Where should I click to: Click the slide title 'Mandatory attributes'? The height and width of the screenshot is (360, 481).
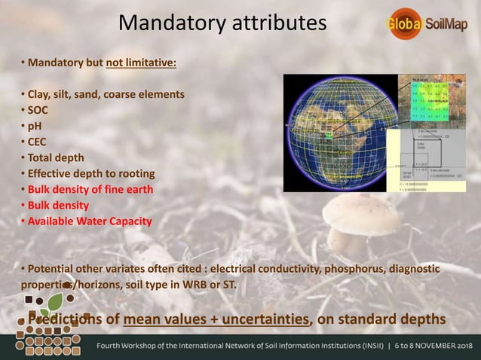pyautogui.click(x=222, y=23)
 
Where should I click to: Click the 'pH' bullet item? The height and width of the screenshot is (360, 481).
pyautogui.click(x=35, y=126)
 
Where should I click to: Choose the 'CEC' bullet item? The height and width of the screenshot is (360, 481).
pyautogui.click(x=37, y=142)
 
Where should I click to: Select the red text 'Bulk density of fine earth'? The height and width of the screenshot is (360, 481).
pyautogui.click(x=90, y=189)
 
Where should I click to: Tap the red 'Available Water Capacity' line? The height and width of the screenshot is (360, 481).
pyautogui.click(x=89, y=221)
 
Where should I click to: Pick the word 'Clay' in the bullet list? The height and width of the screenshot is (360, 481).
pyautogui.click(x=39, y=94)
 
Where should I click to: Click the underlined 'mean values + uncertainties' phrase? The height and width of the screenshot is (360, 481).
pyautogui.click(x=217, y=319)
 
